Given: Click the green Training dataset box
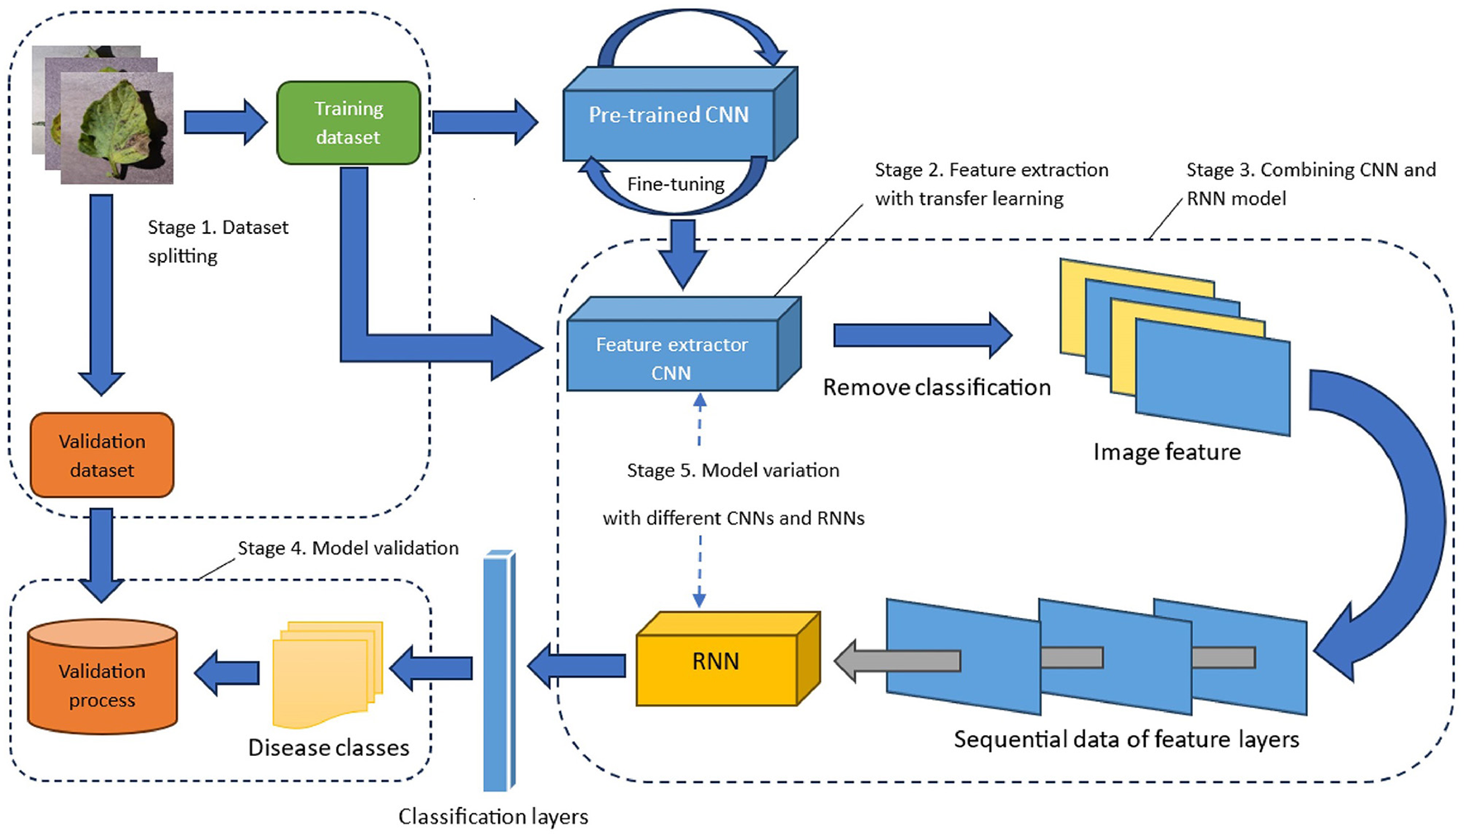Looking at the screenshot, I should [x=348, y=122].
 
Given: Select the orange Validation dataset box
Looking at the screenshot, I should [x=102, y=455].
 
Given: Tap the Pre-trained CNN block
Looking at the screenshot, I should [x=669, y=116].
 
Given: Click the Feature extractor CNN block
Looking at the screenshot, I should [x=672, y=358].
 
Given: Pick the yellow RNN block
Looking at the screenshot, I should [x=716, y=661].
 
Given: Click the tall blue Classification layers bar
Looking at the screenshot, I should [x=498, y=669].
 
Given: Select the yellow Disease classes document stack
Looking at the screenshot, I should [x=326, y=673].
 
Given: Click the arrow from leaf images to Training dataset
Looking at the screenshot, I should [x=225, y=122].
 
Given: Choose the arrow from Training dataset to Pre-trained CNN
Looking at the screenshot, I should [x=485, y=122].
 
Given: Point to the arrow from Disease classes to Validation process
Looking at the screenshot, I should [x=227, y=672].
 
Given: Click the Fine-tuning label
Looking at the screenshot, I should [x=676, y=184].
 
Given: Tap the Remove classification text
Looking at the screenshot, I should [x=937, y=387].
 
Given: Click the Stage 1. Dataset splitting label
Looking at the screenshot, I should [x=218, y=241].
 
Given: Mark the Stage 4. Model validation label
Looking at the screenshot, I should [x=348, y=548].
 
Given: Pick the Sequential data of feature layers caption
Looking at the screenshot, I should [x=1126, y=739].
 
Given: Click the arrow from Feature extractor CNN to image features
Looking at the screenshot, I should [x=921, y=335].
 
